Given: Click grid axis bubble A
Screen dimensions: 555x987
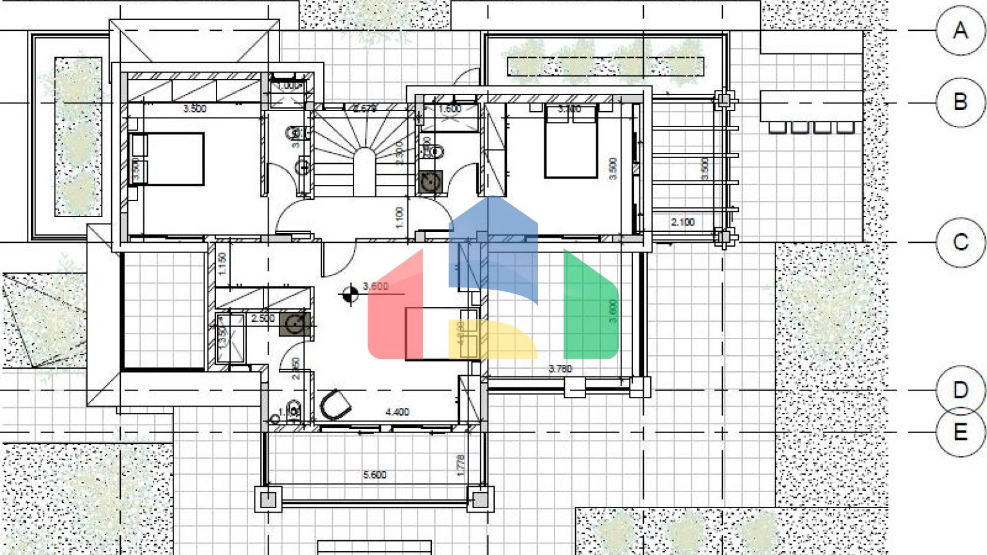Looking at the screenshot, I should [961, 30].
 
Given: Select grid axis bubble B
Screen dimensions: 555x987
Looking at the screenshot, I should [961, 101].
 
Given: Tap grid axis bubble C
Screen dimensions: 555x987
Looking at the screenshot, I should [961, 242].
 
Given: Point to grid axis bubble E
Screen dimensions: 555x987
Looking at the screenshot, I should [961, 432].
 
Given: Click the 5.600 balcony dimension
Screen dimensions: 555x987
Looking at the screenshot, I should [375, 475].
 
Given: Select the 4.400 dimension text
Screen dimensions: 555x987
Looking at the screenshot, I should [397, 412].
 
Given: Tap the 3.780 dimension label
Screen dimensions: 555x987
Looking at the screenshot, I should [560, 369].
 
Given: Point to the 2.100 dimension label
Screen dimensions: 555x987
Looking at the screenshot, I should [682, 222].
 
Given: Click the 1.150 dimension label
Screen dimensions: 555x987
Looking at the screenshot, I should [222, 264].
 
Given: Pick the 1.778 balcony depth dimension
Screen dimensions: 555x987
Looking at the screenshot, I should [460, 466].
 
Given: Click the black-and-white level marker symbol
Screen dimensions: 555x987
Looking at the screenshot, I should [350, 294].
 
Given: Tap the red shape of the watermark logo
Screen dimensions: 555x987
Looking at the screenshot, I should [395, 308].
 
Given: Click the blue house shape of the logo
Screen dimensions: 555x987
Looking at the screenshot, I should [493, 244].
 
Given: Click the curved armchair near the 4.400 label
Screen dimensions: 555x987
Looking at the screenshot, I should [335, 405].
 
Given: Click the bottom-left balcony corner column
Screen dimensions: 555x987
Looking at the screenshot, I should [268, 499].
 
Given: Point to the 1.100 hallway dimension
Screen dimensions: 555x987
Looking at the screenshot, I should [399, 217].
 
